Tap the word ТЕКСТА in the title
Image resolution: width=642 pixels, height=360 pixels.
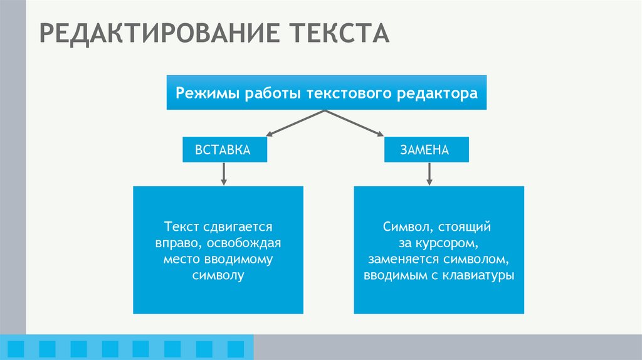tap(339, 33)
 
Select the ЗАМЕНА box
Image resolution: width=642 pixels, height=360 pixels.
tap(426, 150)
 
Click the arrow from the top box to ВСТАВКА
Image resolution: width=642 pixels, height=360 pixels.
tap(295, 123)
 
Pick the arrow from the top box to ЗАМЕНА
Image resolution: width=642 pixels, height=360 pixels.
tap(354, 123)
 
